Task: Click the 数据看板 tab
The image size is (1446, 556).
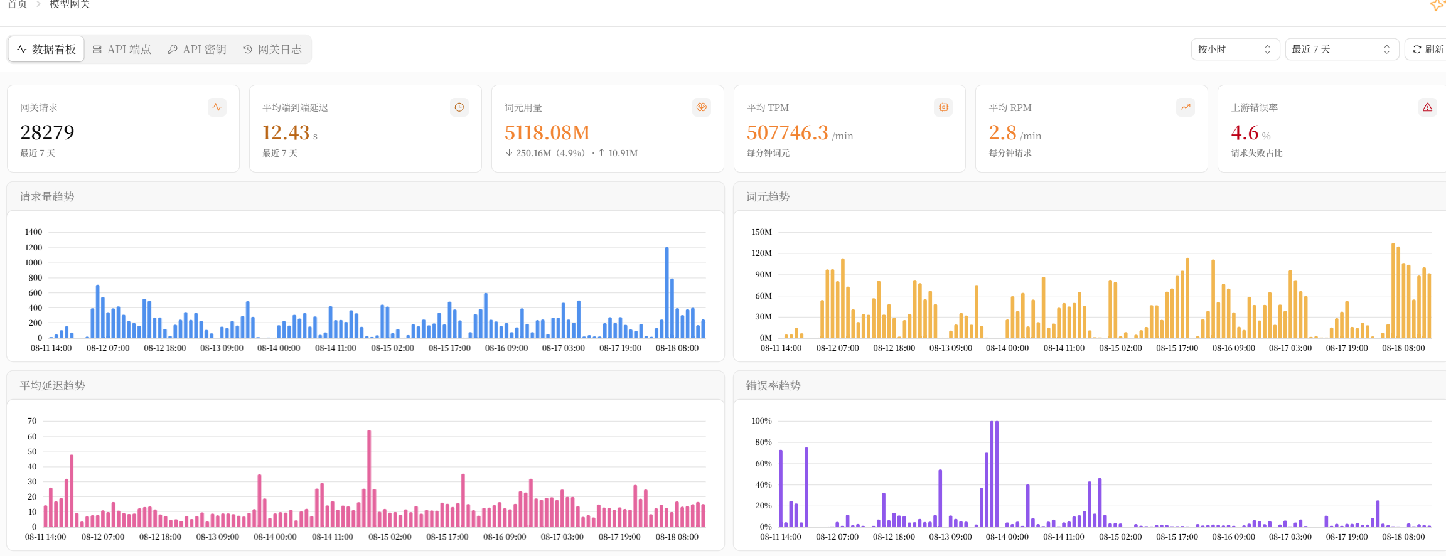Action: [46, 49]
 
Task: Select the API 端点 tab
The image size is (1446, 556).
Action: [122, 49]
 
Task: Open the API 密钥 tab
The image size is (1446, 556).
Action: [197, 49]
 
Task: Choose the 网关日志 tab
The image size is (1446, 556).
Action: [272, 49]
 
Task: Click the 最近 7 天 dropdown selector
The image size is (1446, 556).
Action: [1342, 49]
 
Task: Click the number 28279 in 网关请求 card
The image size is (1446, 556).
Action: [47, 132]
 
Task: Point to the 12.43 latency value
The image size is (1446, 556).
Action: [286, 132]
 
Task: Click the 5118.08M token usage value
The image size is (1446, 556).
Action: [547, 132]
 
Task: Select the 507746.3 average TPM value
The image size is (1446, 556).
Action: [788, 132]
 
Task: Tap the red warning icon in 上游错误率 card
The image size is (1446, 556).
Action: [1427, 107]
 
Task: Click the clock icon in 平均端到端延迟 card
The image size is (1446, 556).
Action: [459, 107]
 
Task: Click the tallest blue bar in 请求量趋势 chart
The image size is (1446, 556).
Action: [667, 292]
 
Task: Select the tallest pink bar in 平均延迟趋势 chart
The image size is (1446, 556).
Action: [369, 478]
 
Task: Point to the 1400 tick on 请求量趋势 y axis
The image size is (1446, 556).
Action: [33, 232]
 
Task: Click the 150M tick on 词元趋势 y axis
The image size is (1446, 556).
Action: [762, 232]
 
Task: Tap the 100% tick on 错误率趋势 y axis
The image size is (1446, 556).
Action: [761, 421]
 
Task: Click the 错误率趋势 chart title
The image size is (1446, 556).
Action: [773, 385]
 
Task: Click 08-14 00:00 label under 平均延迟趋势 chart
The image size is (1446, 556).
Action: [275, 537]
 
